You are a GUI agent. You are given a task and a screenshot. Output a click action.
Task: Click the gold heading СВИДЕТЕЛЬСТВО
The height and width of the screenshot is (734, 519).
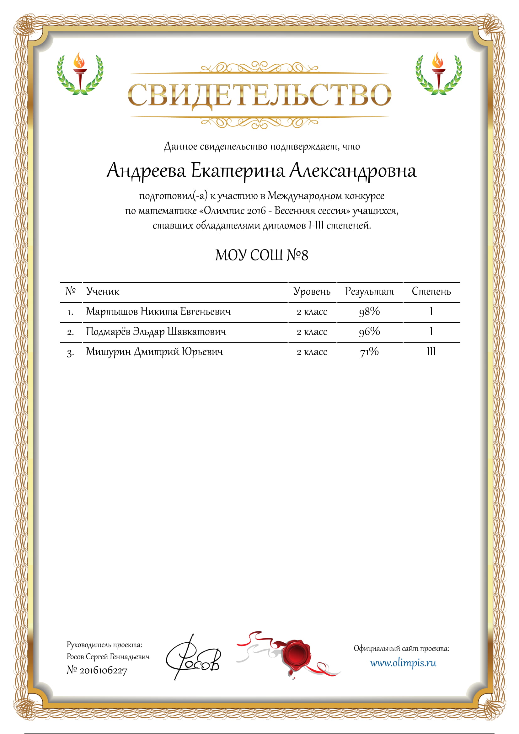coord(259,95)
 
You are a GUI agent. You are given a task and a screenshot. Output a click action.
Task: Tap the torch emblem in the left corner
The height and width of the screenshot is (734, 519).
coord(80,74)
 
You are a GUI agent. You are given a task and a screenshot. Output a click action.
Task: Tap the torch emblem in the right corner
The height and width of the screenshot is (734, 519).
coord(438,74)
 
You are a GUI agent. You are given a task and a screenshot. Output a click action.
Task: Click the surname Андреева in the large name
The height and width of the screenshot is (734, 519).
coord(146,170)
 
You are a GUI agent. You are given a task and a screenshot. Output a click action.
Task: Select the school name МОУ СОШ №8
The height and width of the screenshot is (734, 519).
coord(261,255)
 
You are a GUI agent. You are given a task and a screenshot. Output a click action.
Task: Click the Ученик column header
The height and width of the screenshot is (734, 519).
coord(103,291)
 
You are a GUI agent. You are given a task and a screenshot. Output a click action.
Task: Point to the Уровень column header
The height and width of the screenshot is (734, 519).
coord(312,291)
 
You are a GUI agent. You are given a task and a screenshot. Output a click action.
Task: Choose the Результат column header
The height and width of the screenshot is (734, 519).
coord(369,291)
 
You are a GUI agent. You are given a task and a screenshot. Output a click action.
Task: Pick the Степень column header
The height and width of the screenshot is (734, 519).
coord(431,291)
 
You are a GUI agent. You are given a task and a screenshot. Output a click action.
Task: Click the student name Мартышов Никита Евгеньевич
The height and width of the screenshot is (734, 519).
coord(158,311)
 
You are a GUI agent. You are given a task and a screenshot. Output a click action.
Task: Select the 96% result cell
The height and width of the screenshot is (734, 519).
coord(369,331)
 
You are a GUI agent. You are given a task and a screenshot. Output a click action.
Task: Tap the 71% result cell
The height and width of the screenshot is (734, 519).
coord(369,352)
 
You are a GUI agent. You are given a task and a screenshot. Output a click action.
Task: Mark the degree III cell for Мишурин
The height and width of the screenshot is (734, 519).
coord(431,351)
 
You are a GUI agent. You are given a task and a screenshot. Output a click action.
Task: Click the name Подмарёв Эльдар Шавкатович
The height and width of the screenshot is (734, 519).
coord(156,331)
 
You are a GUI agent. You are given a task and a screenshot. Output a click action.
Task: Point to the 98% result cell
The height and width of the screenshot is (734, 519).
coord(369,311)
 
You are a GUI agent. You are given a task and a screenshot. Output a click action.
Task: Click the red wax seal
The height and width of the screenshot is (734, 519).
coord(296,654)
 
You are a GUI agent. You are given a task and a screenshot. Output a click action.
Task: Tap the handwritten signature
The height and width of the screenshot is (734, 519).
coord(193,659)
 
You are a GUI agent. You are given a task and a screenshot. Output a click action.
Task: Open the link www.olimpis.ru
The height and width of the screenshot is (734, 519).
coord(403,663)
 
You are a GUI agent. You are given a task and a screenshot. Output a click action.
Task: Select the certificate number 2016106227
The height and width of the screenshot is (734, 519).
coord(103,670)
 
